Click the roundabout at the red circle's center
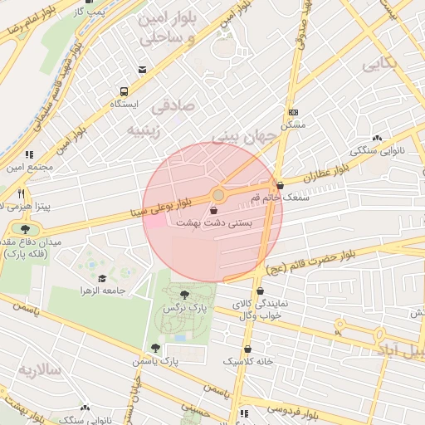pyautogui.click(x=218, y=195)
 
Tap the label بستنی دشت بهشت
pyautogui.click(x=214, y=224)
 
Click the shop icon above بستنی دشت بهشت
pyautogui.click(x=215, y=211)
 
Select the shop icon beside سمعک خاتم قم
pyautogui.click(x=280, y=186)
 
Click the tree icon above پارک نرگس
pyautogui.click(x=184, y=294)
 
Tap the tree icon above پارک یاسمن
pyautogui.click(x=154, y=348)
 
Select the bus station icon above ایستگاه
pyautogui.click(x=124, y=91)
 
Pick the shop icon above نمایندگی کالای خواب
pyautogui.click(x=261, y=291)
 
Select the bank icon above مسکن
pyautogui.click(x=293, y=111)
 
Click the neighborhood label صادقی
pyautogui.click(x=172, y=106)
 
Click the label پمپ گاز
pyautogui.click(x=90, y=12)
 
